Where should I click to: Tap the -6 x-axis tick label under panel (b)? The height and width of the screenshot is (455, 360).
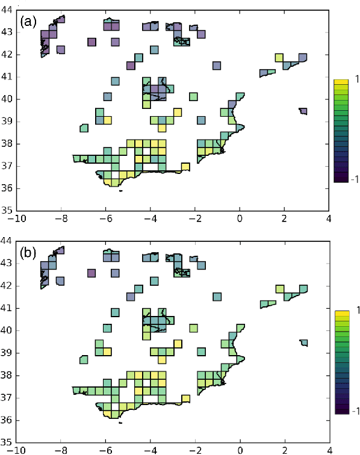pos(106,450)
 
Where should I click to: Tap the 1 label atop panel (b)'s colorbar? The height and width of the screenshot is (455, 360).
pos(350,311)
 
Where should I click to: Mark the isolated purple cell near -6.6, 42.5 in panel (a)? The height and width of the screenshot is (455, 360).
pos(92,42)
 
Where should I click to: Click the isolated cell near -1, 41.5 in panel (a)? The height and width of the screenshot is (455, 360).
pos(217,66)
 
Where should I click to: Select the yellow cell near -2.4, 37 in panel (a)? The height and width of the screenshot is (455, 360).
pos(185,167)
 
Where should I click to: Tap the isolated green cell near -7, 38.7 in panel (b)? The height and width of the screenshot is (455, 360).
pos(84,359)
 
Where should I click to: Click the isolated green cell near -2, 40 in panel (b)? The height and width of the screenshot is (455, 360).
pos(193,328)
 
